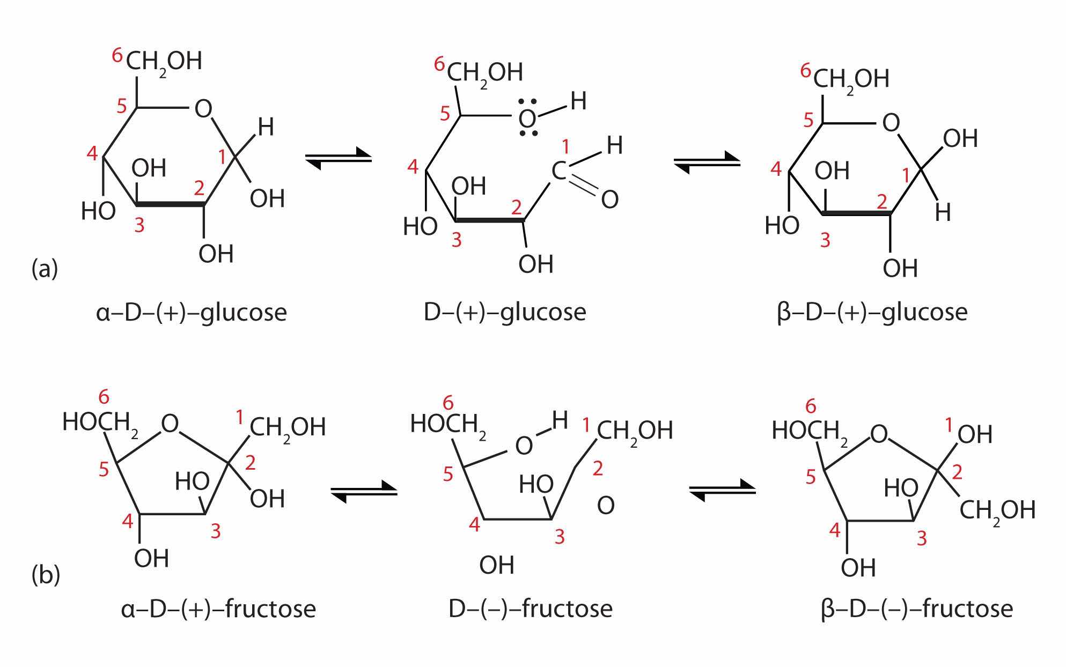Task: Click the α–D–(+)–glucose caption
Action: pyautogui.click(x=192, y=312)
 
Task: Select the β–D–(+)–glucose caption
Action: pyautogui.click(x=872, y=312)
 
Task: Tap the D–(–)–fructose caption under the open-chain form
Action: pyautogui.click(x=530, y=609)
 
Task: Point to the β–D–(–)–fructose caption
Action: pyautogui.click(x=917, y=609)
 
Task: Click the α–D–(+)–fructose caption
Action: pyautogui.click(x=218, y=609)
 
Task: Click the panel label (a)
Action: pyautogui.click(x=45, y=268)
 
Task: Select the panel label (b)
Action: pyautogui.click(x=46, y=575)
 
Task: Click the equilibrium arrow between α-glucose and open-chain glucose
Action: pyautogui.click(x=338, y=158)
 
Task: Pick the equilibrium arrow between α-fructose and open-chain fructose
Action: pyautogui.click(x=364, y=491)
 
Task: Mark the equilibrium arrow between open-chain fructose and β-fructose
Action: pyautogui.click(x=722, y=490)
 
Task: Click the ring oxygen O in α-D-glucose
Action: pyautogui.click(x=203, y=109)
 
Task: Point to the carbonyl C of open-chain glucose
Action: pyautogui.click(x=559, y=172)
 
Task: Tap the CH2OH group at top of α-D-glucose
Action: pyautogui.click(x=164, y=61)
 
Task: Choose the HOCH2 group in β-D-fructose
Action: pyautogui.click(x=808, y=431)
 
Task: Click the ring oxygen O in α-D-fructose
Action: pyautogui.click(x=170, y=424)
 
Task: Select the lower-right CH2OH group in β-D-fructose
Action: pyautogui.click(x=997, y=510)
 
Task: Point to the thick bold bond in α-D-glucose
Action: pyautogui.click(x=171, y=204)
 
